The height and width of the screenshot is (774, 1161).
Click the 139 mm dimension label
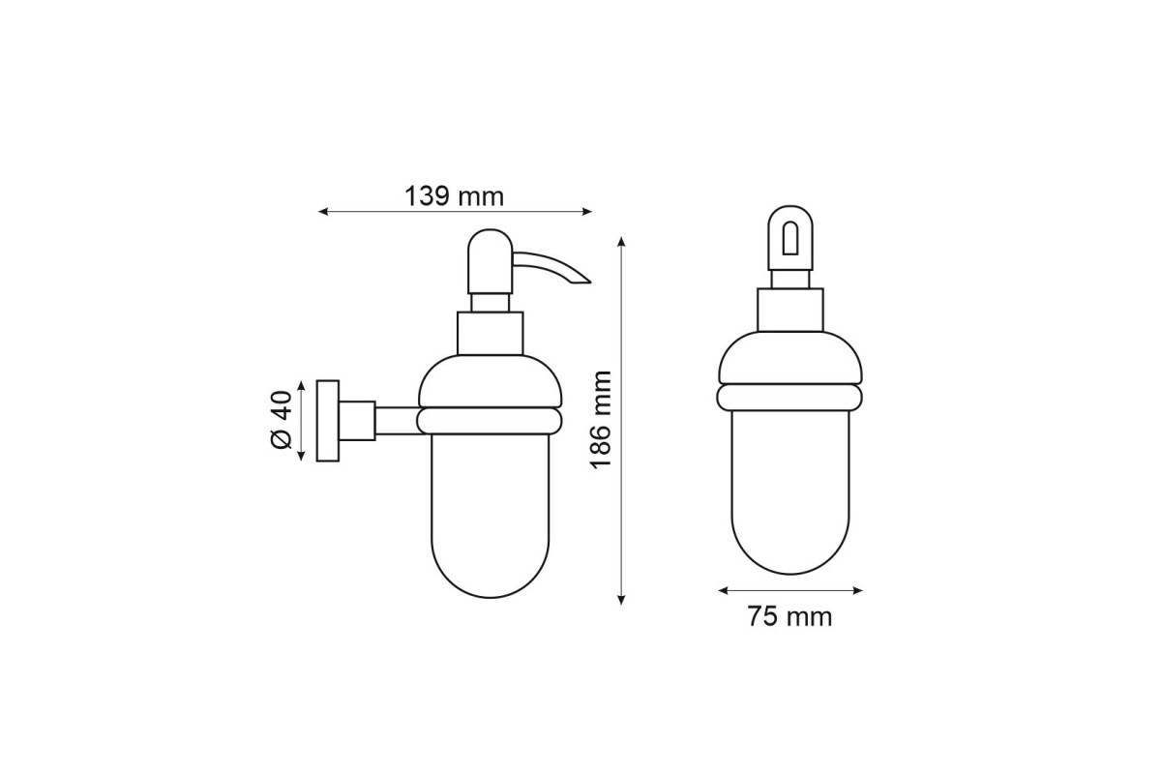454,197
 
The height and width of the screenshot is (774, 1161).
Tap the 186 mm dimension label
601,419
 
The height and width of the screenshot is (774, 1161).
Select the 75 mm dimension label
789,617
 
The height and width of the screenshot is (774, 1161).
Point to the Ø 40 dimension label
282,420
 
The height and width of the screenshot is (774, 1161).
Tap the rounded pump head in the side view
490,262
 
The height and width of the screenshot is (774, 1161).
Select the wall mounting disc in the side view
328,421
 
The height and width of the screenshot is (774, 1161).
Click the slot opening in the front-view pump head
789,238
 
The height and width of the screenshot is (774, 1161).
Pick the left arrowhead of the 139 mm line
322,212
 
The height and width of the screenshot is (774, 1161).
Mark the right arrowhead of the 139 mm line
587,212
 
